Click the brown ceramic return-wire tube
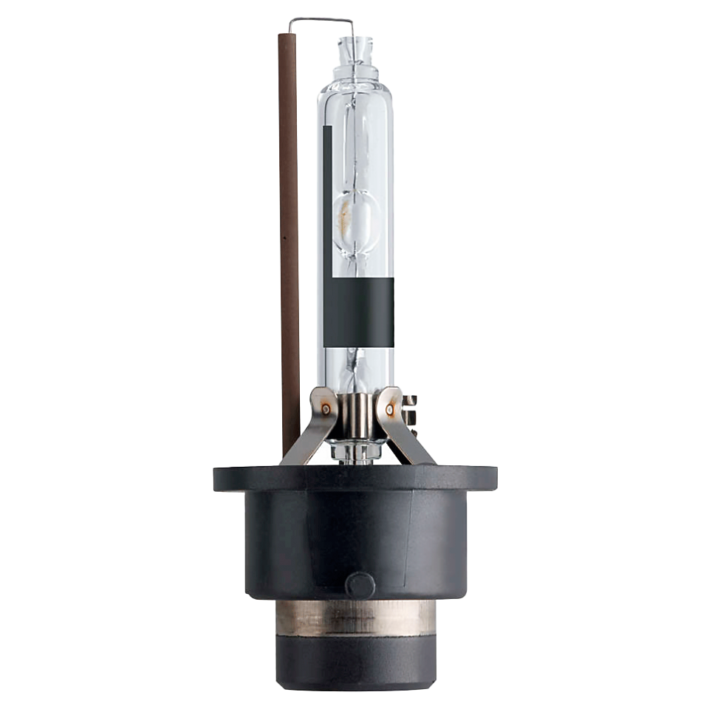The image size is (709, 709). click(289, 244)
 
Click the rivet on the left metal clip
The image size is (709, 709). click(326, 408)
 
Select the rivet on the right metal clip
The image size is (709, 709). click(389, 407)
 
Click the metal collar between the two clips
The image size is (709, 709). click(357, 414)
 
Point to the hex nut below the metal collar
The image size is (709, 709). click(356, 448)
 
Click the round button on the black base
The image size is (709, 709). click(360, 585)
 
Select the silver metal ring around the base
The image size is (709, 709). click(355, 617)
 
